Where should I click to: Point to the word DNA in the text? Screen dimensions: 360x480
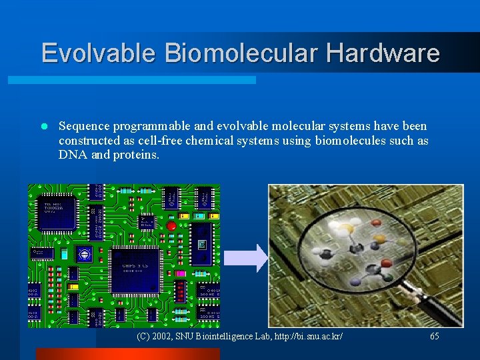coord(71,155)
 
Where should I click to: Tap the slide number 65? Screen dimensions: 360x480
coord(434,337)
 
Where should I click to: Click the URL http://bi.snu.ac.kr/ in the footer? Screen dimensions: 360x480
coord(303,337)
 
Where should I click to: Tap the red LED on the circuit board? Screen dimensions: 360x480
coord(171,227)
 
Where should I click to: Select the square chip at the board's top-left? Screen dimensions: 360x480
coord(58,213)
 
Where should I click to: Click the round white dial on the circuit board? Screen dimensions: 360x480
coord(83,253)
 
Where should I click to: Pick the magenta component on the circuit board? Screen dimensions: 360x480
coord(179,273)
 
